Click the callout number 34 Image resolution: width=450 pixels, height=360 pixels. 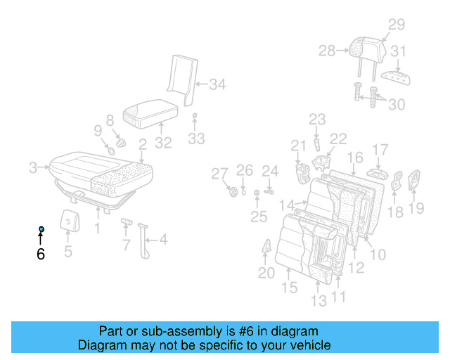coord(217,85)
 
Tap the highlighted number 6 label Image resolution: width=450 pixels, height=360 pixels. coord(41,254)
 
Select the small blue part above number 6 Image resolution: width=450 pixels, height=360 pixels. coord(41,230)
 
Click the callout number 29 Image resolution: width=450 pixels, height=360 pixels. coord(397,25)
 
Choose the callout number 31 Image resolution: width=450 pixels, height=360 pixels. coord(399,51)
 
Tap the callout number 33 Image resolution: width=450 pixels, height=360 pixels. coord(196,139)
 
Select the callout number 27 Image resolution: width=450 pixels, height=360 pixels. coord(220,174)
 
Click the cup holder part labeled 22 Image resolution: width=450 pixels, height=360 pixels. coord(322,165)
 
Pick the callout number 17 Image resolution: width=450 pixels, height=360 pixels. coord(380,150)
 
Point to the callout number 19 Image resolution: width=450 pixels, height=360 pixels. coord(416,207)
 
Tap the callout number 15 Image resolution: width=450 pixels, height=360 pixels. coord(290,287)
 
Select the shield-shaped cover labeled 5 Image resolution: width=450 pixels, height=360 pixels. coord(68,220)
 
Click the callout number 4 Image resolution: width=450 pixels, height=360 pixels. coord(163,240)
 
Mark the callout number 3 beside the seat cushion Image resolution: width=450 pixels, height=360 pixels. coord(33,167)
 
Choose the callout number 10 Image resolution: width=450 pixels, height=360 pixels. coord(378,254)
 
